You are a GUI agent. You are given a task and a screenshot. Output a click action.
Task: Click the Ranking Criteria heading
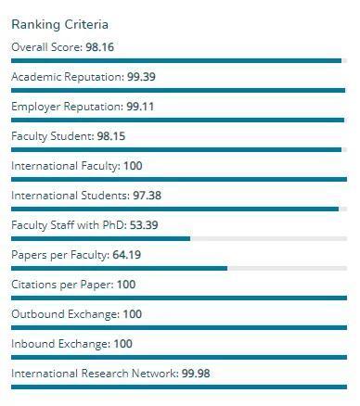click(59, 24)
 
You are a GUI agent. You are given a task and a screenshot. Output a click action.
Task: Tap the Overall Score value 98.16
click(100, 47)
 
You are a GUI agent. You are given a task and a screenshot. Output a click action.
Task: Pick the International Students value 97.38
click(146, 196)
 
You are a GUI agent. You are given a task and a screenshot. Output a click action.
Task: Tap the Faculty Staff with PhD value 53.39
click(145, 225)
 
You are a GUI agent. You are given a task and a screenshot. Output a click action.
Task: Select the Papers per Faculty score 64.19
click(126, 255)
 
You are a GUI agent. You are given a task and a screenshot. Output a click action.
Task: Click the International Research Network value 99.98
click(196, 374)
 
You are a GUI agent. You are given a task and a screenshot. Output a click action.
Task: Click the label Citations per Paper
click(60, 285)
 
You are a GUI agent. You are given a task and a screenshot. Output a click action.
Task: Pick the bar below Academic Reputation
click(177, 91)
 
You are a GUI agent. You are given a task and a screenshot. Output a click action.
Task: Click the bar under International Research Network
click(178, 387)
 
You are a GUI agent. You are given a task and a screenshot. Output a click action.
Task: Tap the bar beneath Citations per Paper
click(178, 298)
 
